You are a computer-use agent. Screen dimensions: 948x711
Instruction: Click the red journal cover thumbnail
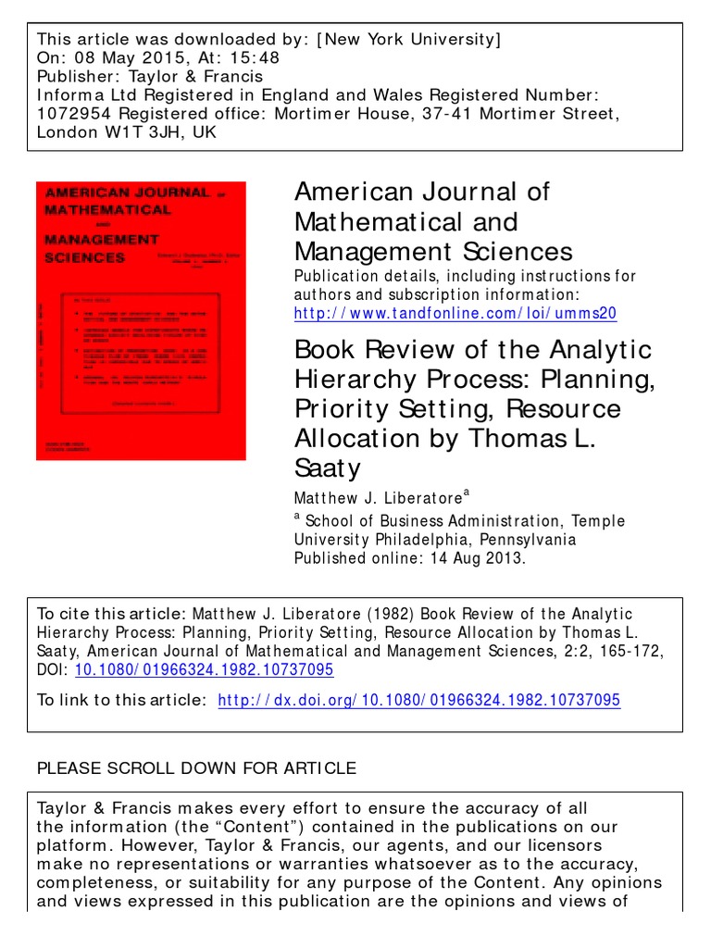141,320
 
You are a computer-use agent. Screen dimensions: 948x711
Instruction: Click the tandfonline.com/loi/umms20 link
455,314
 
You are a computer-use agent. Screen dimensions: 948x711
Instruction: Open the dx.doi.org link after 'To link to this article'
418,701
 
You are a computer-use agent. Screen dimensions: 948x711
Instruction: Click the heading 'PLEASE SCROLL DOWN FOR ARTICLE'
195,767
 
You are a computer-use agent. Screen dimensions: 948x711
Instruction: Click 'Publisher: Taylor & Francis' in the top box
149,76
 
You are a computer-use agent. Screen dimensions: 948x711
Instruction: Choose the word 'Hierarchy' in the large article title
362,380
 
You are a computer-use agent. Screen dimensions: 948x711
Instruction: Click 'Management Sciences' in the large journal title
433,251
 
